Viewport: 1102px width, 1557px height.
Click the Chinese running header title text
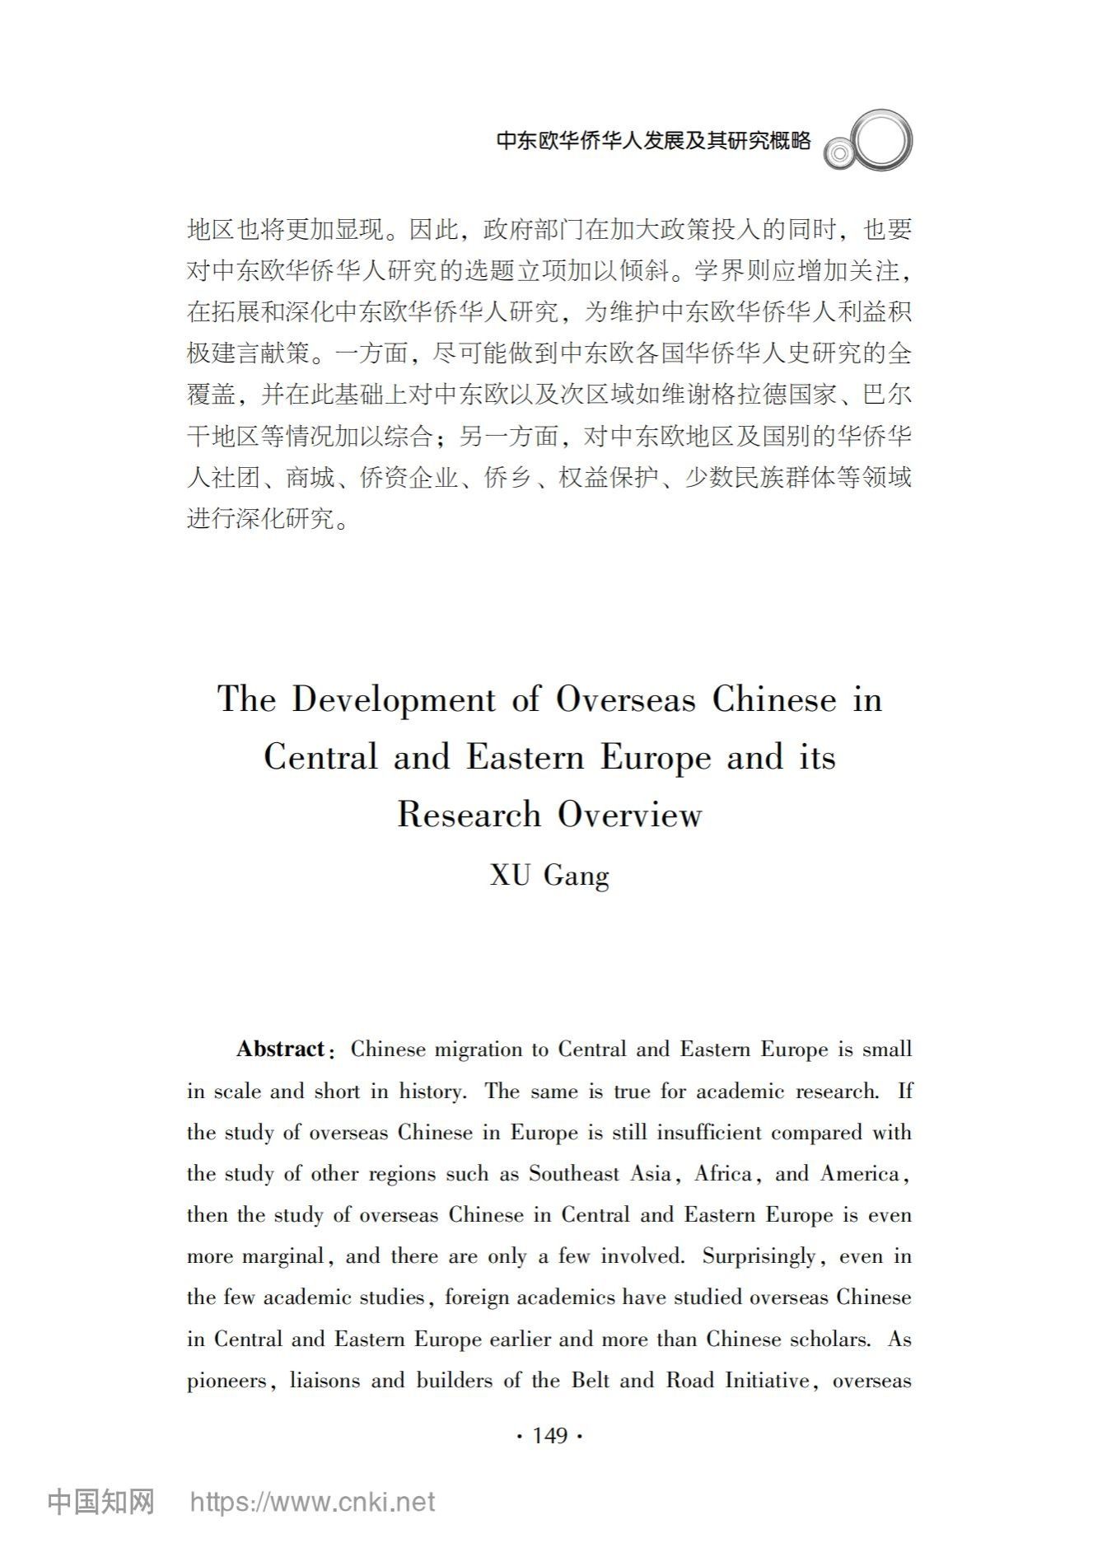[653, 141]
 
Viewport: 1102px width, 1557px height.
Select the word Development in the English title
[394, 699]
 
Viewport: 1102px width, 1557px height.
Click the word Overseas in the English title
[626, 699]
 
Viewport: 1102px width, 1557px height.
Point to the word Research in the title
[469, 815]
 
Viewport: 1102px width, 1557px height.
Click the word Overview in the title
[630, 815]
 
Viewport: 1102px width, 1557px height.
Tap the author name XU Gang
[549, 875]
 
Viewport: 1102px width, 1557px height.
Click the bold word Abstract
[281, 1050]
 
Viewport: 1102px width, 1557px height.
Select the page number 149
[549, 1436]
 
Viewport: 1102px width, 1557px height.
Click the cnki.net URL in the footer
[312, 1502]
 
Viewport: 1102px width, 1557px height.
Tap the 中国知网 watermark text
[100, 1502]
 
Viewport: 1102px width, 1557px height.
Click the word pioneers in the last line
[226, 1381]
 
